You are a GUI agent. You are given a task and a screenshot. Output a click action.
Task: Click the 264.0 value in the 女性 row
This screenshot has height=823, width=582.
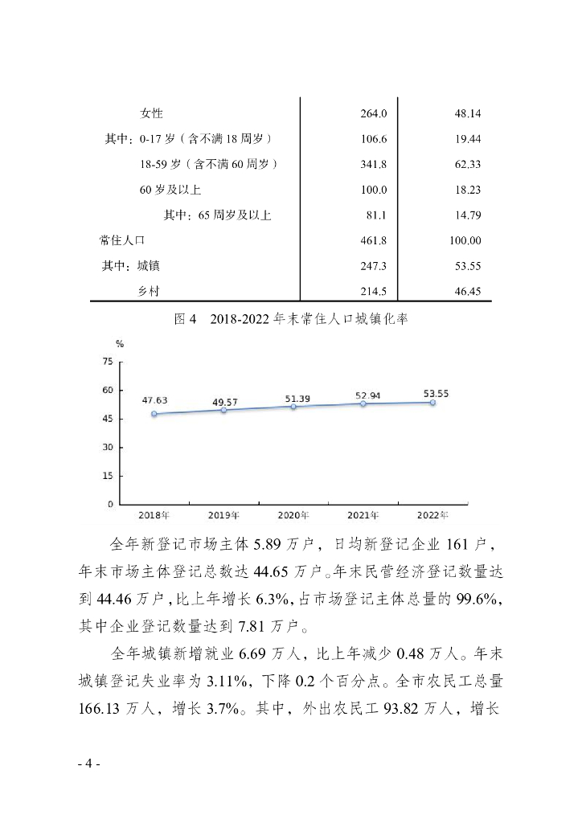pyautogui.click(x=374, y=113)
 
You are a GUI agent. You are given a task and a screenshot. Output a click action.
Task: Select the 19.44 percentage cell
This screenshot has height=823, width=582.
pyautogui.click(x=467, y=139)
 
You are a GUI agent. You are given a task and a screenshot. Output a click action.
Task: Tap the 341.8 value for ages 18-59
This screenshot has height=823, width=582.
pyautogui.click(x=374, y=164)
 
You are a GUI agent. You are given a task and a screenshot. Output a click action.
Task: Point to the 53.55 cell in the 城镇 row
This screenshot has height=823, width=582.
pyautogui.click(x=467, y=265)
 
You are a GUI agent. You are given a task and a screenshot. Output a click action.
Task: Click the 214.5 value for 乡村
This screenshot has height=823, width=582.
pyautogui.click(x=374, y=291)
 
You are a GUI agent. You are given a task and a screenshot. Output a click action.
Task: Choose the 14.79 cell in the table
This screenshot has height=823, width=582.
pyautogui.click(x=467, y=215)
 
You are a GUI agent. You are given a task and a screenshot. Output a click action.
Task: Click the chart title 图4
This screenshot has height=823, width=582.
pyautogui.click(x=186, y=319)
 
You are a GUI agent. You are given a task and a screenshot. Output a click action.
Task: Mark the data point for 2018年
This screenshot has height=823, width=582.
pyautogui.click(x=154, y=414)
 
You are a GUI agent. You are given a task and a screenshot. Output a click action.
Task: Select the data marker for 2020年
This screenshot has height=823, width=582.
pyautogui.click(x=293, y=407)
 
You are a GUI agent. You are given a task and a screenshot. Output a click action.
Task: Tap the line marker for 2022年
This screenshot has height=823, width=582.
pyautogui.click(x=432, y=403)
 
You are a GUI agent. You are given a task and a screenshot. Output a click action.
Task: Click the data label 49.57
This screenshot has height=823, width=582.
pyautogui.click(x=223, y=401)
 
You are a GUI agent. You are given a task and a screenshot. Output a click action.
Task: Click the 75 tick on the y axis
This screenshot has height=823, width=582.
pyautogui.click(x=107, y=362)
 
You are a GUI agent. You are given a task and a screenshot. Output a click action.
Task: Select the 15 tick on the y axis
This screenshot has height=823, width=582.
pyautogui.click(x=107, y=476)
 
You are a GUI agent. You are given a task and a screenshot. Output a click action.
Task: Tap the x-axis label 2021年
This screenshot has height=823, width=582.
pyautogui.click(x=363, y=514)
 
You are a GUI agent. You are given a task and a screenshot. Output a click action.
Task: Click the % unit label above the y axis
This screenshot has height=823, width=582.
pyautogui.click(x=120, y=343)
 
